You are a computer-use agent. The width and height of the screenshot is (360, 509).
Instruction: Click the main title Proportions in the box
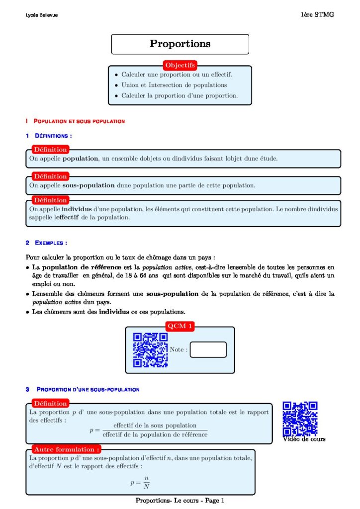[x=180, y=44]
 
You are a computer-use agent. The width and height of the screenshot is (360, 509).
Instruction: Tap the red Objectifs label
[x=180, y=65]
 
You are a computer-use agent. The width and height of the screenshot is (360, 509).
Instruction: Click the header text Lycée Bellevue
[x=42, y=15]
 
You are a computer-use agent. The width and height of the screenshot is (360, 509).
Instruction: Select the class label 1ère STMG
[x=317, y=14]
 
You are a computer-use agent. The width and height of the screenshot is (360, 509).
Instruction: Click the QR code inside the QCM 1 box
[x=150, y=350]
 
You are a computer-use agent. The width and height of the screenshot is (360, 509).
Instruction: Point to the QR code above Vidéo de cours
[x=300, y=419]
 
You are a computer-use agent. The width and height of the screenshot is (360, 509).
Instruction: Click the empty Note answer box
[x=208, y=349]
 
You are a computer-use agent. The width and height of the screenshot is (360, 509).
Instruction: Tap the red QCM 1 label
[x=180, y=326]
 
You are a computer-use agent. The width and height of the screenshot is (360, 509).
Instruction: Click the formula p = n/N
[x=140, y=482]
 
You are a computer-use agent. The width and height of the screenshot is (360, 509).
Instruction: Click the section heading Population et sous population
[x=79, y=121]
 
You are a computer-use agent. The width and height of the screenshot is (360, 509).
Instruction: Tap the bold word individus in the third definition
[x=76, y=209]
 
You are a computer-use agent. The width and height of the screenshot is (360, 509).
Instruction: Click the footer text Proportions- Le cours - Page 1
[x=180, y=501]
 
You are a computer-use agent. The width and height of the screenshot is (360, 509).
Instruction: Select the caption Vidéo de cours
[x=304, y=439]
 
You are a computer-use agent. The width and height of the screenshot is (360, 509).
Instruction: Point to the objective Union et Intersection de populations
[x=167, y=85]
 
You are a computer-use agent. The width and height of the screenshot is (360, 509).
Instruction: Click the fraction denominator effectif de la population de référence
[x=155, y=434]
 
